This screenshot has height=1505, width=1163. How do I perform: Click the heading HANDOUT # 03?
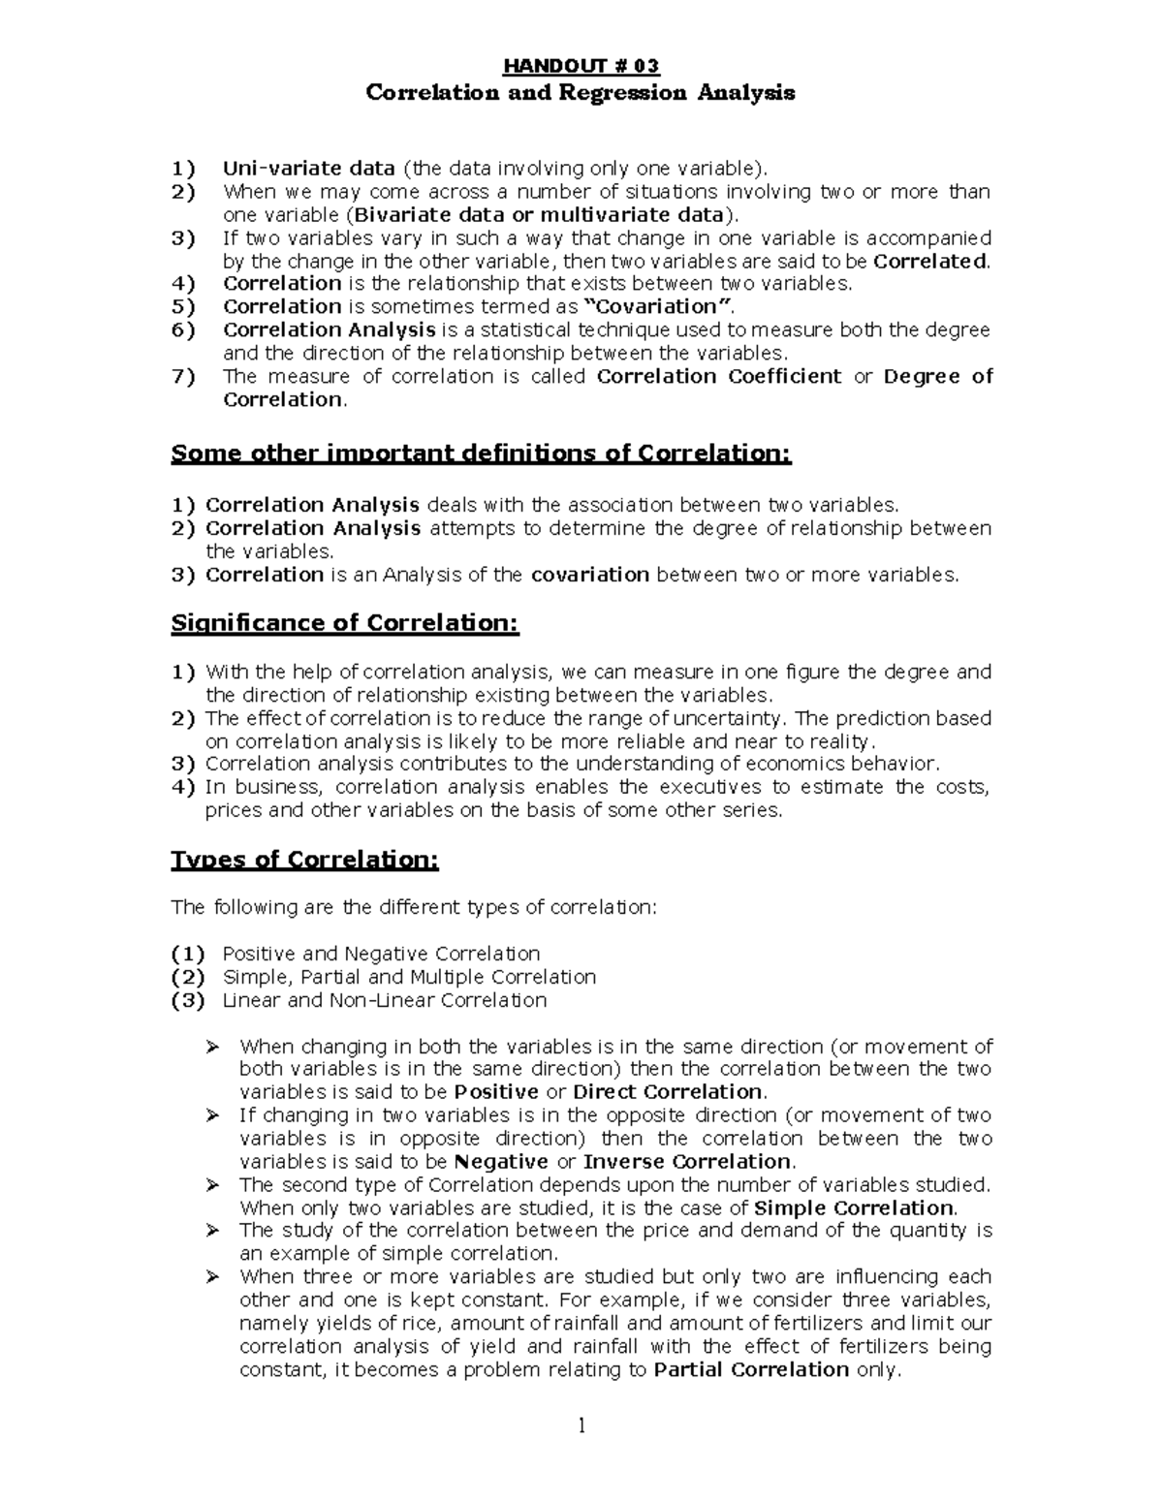point(581,66)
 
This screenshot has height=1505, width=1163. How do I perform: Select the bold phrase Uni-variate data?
point(308,168)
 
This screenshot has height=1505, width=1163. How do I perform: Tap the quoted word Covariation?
point(655,306)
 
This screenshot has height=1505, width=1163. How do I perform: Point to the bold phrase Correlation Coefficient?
point(719,376)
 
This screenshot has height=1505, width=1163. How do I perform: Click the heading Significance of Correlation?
point(345,623)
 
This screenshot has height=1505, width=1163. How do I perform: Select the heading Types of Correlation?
point(304,860)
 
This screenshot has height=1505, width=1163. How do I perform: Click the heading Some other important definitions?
point(481,454)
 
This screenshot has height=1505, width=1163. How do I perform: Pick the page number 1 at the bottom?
point(581,1426)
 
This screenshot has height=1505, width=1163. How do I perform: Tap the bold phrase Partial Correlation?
point(751,1369)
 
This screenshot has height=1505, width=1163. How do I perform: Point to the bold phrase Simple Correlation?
point(853,1207)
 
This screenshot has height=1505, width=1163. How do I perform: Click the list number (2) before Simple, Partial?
point(187,977)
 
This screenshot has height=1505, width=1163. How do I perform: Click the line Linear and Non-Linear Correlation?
point(385,1000)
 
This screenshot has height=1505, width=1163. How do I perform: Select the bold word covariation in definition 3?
point(589,575)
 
